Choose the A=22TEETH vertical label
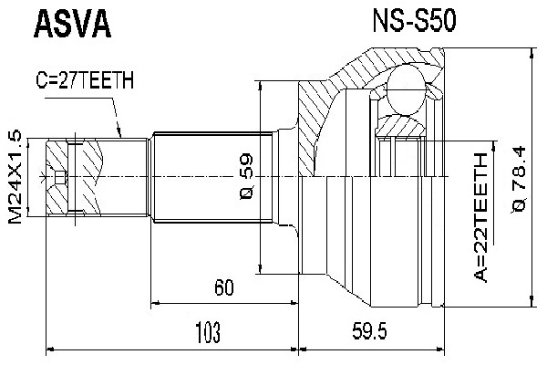pyautogui.click(x=481, y=220)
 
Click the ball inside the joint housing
pyautogui.click(x=403, y=95)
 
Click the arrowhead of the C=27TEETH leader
pyautogui.click(x=122, y=136)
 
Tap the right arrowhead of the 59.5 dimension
pyautogui.click(x=444, y=348)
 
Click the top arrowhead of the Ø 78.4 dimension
pyautogui.click(x=532, y=57)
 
